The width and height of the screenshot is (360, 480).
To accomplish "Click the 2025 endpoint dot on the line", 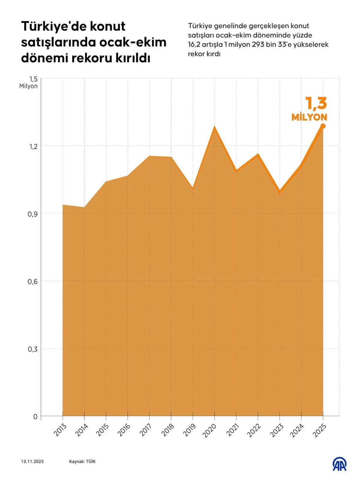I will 323,126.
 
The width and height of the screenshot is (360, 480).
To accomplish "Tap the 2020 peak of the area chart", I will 214,127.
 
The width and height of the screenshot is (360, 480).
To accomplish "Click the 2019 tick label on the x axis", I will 190,430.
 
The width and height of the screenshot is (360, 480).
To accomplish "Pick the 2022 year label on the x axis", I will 254,430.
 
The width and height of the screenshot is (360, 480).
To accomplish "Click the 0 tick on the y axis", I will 35,417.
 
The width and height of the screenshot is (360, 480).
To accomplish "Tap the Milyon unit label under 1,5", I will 28,86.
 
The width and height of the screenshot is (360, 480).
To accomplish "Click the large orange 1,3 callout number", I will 316,103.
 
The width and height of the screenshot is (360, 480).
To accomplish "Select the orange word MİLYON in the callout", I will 309,117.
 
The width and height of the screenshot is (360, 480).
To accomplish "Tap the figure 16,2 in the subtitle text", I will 194,45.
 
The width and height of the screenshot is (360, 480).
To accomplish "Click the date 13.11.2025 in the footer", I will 32,461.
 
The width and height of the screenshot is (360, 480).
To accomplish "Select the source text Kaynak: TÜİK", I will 82,461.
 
